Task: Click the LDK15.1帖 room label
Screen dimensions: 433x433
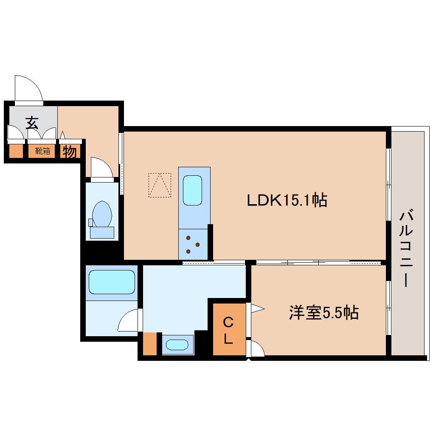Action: pyautogui.click(x=287, y=200)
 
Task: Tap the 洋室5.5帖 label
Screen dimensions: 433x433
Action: pyautogui.click(x=323, y=313)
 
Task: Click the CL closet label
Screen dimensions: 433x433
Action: pyautogui.click(x=228, y=330)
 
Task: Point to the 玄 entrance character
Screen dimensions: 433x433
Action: pyautogui.click(x=32, y=123)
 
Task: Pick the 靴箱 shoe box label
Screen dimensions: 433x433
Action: pyautogui.click(x=42, y=151)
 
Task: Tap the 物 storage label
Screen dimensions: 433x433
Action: pyautogui.click(x=70, y=152)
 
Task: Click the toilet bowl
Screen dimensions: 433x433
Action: pyautogui.click(x=102, y=214)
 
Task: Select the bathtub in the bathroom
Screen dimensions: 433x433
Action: pyautogui.click(x=112, y=282)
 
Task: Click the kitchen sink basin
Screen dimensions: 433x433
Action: pyautogui.click(x=192, y=190)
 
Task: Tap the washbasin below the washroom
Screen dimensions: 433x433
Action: pyautogui.click(x=177, y=345)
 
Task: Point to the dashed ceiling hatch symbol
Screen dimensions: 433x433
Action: pyautogui.click(x=160, y=185)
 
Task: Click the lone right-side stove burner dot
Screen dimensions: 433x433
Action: pyautogui.click(x=198, y=245)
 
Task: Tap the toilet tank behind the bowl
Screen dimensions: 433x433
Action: pyautogui.click(x=102, y=233)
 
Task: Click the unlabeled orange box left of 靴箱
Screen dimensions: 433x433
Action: pyautogui.click(x=16, y=151)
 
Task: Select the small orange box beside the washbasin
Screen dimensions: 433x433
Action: pyautogui.click(x=150, y=344)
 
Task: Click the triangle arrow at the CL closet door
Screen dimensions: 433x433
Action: pyautogui.click(x=257, y=308)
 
